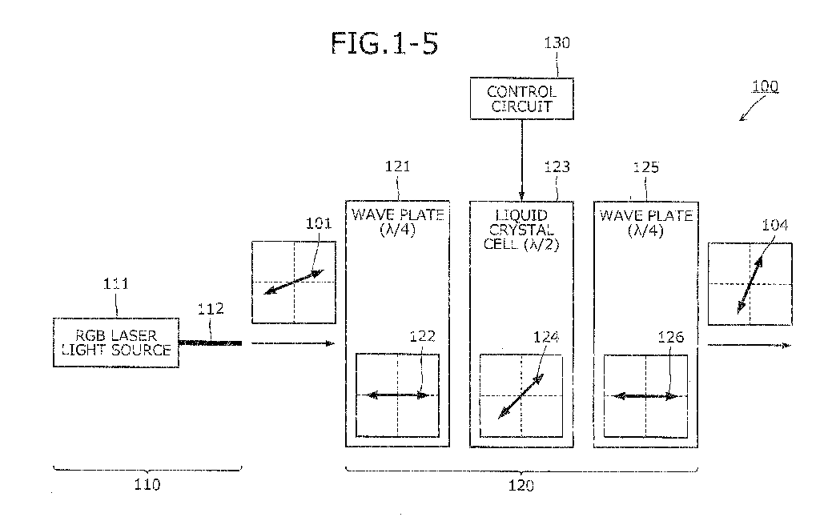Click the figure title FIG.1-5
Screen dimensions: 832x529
[x=384, y=43]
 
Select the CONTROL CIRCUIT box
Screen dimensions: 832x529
[x=521, y=98]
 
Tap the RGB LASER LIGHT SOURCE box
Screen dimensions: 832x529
[x=115, y=343]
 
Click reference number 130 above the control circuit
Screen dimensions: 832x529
[x=557, y=43]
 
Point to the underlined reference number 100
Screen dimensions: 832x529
[x=766, y=86]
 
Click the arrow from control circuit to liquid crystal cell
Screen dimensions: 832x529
[x=521, y=160]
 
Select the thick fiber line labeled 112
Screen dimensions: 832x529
[x=210, y=343]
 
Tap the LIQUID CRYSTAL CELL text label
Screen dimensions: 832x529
[x=521, y=230]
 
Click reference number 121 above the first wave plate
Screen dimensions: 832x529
[x=397, y=166]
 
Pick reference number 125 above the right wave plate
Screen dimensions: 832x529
[x=645, y=167]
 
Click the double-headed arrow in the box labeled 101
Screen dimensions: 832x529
[x=293, y=282]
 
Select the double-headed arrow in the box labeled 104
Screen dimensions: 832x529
[x=750, y=285]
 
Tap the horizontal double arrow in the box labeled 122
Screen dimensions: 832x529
[x=397, y=395]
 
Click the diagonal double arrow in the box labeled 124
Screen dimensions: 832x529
[x=521, y=396]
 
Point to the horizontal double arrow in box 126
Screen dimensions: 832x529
[x=645, y=396]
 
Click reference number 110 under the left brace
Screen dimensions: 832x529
[x=147, y=484]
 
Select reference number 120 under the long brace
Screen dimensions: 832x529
[x=521, y=486]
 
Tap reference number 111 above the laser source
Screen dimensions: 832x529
[x=115, y=284]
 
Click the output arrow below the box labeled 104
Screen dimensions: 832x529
[x=750, y=346]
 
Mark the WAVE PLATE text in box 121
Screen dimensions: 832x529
[x=397, y=214]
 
